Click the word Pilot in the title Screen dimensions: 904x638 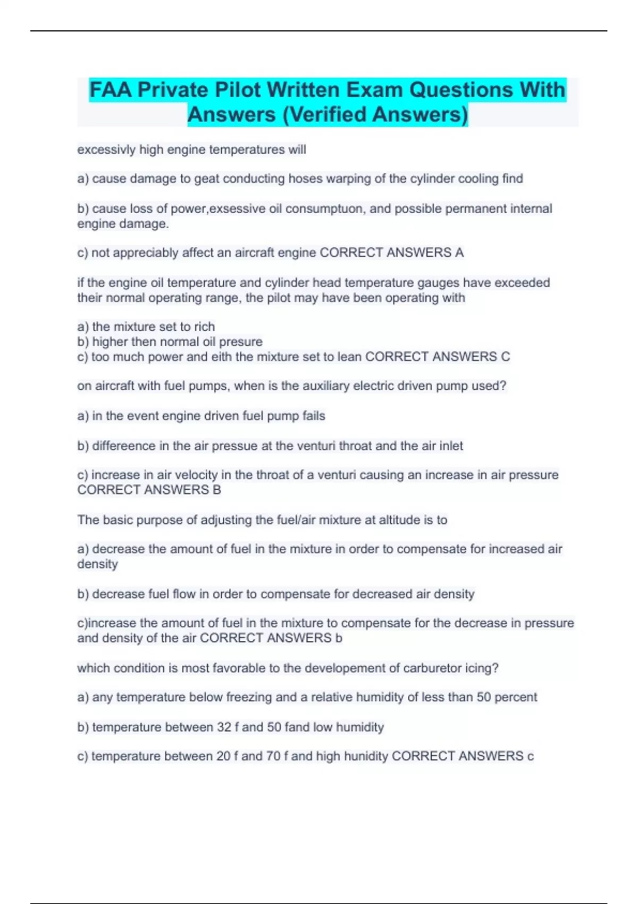click(x=238, y=90)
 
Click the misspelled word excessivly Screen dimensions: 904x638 click(x=106, y=150)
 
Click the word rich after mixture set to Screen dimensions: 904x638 click(x=204, y=327)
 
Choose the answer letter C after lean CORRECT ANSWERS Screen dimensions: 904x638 click(x=505, y=356)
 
